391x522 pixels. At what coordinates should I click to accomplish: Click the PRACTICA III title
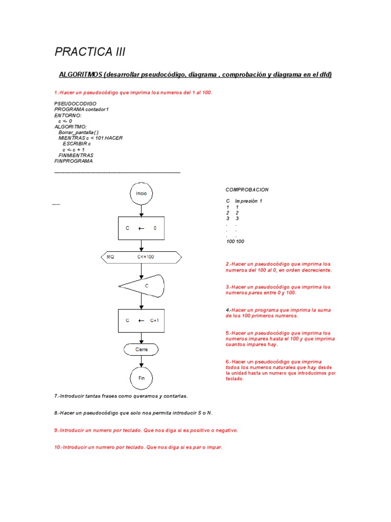[90, 52]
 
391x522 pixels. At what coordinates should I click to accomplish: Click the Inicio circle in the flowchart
[142, 194]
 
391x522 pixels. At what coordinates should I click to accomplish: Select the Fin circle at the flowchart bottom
[142, 378]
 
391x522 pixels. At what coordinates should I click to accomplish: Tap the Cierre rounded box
[142, 350]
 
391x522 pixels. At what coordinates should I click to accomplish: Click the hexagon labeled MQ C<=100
[142, 257]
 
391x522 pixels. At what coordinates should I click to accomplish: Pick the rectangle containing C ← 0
[142, 228]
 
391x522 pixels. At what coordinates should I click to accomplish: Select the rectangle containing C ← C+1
[142, 321]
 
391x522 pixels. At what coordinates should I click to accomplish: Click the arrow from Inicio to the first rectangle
[142, 210]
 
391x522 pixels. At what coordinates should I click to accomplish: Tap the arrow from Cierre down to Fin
[142, 361]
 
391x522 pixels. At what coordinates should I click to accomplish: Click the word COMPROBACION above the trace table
[247, 190]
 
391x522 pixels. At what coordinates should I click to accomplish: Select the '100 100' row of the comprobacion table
[235, 241]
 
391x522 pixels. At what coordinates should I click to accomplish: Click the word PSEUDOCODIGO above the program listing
[75, 103]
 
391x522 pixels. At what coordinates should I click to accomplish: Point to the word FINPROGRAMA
[74, 161]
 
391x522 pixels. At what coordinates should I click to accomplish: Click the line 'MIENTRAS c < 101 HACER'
[91, 138]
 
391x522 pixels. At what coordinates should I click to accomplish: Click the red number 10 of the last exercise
[57, 447]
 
